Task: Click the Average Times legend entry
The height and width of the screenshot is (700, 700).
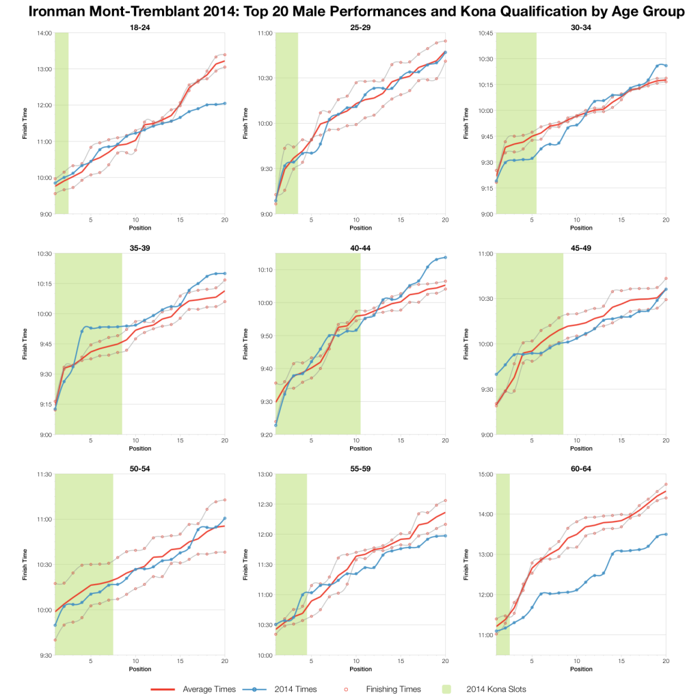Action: (x=208, y=688)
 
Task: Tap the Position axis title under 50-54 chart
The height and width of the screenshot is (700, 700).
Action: (x=140, y=669)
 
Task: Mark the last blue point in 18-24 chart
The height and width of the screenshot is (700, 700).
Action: (x=225, y=103)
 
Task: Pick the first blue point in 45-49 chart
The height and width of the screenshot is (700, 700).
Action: (x=496, y=374)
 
